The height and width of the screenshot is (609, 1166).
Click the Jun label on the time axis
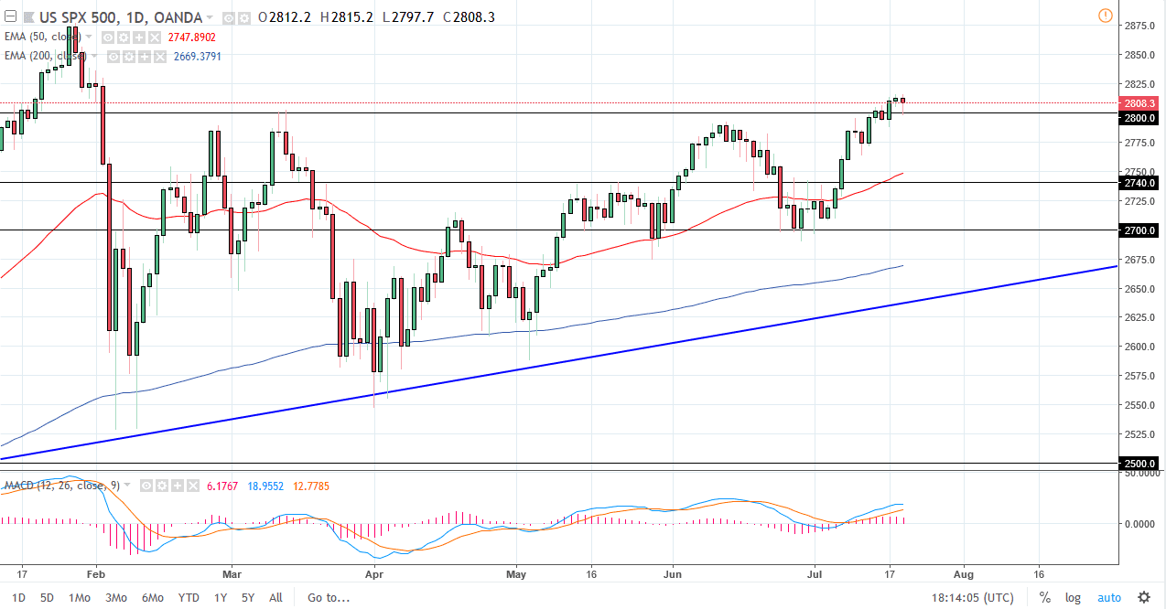pyautogui.click(x=673, y=575)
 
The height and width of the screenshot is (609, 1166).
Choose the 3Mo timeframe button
pyautogui.click(x=116, y=598)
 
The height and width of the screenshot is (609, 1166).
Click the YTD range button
pyautogui.click(x=189, y=598)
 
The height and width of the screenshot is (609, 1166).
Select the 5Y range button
pyautogui.click(x=248, y=598)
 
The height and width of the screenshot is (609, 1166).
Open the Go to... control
pyautogui.click(x=329, y=598)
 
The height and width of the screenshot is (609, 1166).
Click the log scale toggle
pyautogui.click(x=1073, y=598)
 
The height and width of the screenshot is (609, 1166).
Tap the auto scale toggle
pyautogui.click(x=1108, y=598)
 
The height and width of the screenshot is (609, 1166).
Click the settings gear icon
pyautogui.click(x=1143, y=598)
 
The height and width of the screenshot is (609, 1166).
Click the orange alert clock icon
pyautogui.click(x=1105, y=16)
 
